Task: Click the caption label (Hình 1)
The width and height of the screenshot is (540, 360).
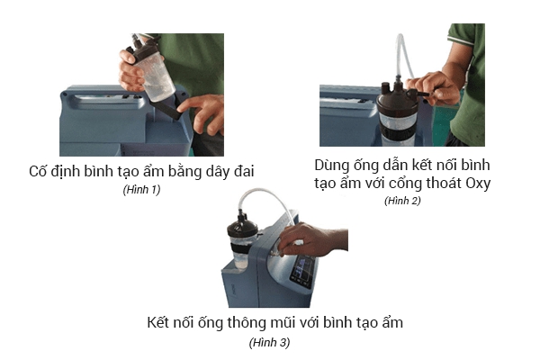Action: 141,190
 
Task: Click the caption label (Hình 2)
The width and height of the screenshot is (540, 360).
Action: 402,201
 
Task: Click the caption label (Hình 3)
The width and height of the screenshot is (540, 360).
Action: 270,342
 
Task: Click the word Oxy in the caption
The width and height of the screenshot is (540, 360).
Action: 478,184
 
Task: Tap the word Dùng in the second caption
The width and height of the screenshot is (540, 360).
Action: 331,166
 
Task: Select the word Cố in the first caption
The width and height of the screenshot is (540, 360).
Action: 37,171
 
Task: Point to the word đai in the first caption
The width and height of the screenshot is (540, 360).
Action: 244,171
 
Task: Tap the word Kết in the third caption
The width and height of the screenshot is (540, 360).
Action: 158,323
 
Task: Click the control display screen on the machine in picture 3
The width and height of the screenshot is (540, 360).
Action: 302,272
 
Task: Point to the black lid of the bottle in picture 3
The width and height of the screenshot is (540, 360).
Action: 242,227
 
